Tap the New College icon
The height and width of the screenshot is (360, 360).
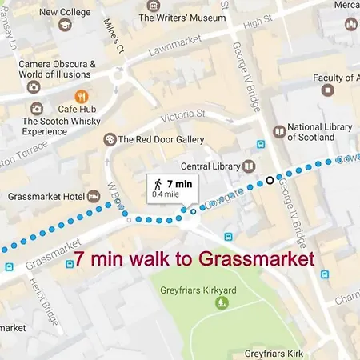(66, 26)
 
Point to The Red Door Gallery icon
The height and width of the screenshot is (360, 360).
(110, 139)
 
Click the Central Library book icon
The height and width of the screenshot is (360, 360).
(249, 166)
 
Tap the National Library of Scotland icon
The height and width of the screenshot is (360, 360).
(278, 131)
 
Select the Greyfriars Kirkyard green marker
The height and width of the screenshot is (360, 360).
(222, 302)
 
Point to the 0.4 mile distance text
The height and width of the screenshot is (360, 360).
(166, 194)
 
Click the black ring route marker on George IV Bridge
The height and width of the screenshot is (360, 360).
(270, 179)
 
